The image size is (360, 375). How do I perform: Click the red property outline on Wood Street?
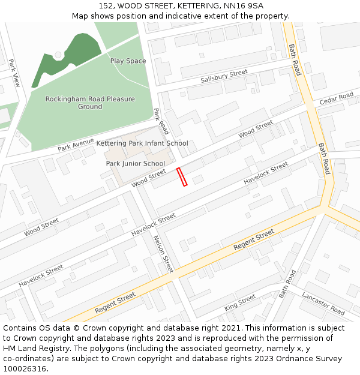click(x=182, y=177)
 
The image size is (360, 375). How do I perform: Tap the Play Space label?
click(x=128, y=61)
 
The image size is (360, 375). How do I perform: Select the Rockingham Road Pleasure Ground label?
click(x=90, y=103)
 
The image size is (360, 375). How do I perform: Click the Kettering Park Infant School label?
click(x=142, y=143)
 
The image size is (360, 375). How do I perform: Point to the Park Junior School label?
click(x=136, y=163)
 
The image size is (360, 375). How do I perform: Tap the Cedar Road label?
click(x=337, y=98)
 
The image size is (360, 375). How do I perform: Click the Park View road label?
click(x=14, y=73)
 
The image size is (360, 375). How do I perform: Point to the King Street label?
click(x=240, y=302)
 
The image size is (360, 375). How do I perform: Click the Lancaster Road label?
click(x=323, y=304)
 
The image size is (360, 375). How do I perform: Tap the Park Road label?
click(x=161, y=121)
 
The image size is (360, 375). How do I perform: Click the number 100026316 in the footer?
click(x=25, y=368)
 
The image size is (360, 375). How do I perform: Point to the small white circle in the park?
click(x=58, y=55)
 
